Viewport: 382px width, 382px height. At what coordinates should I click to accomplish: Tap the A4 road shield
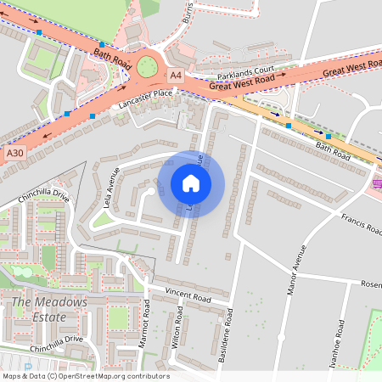coord(175,76)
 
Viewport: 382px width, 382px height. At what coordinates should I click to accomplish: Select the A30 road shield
coord(14,153)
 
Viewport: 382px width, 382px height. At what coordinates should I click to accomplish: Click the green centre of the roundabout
coord(150,65)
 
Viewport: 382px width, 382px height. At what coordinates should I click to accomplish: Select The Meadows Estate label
coord(49,310)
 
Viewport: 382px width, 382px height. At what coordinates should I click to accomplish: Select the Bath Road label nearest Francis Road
coord(333,151)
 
